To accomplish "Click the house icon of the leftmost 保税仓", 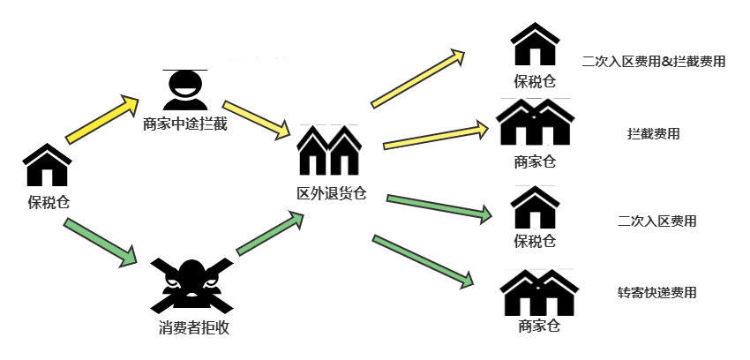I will point(47,166).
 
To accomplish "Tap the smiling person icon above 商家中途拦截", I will point(185,88).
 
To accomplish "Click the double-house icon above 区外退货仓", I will point(329,150).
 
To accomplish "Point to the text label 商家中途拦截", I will point(185,124).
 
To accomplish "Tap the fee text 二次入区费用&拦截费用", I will point(654,62).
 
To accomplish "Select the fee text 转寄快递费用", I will point(657,292).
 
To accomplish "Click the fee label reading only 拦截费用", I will point(654,134).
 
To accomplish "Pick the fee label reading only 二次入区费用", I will point(657,221).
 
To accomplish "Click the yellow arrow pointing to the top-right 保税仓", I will point(418,79).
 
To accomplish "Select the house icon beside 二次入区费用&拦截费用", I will point(536,45).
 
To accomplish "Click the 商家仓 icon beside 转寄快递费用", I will point(539,292).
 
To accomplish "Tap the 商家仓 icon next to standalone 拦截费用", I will point(536,124).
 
